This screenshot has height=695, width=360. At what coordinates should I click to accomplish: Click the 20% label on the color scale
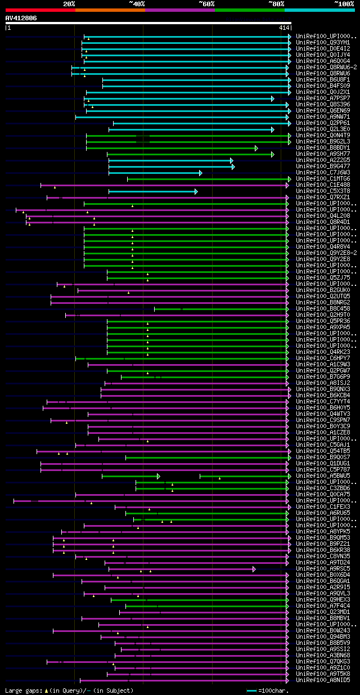pos(69,3)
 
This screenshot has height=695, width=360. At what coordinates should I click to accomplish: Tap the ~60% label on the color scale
pos(206,3)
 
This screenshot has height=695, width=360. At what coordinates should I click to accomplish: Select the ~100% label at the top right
pos(344,3)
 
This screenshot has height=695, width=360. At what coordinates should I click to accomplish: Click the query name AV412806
pos(21,18)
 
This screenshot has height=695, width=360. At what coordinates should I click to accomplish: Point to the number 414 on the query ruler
pos(283,28)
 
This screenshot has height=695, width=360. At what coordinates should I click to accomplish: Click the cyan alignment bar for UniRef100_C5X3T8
pos(152,191)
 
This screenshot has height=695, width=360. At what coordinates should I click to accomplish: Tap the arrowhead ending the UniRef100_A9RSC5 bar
pos(254,569)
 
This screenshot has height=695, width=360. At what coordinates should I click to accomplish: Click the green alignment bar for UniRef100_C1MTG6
pos(208,179)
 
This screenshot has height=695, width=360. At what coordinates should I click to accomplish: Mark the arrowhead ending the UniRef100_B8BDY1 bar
pos(256,148)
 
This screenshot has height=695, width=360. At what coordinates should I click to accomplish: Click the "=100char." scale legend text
pos(272,690)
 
